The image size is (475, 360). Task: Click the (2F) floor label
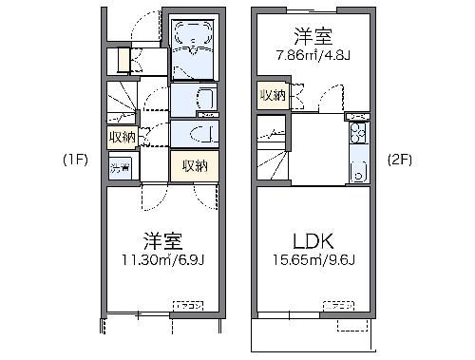click(x=399, y=160)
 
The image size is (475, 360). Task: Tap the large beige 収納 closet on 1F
click(x=194, y=166)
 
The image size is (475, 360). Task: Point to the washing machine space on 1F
click(x=121, y=169)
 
